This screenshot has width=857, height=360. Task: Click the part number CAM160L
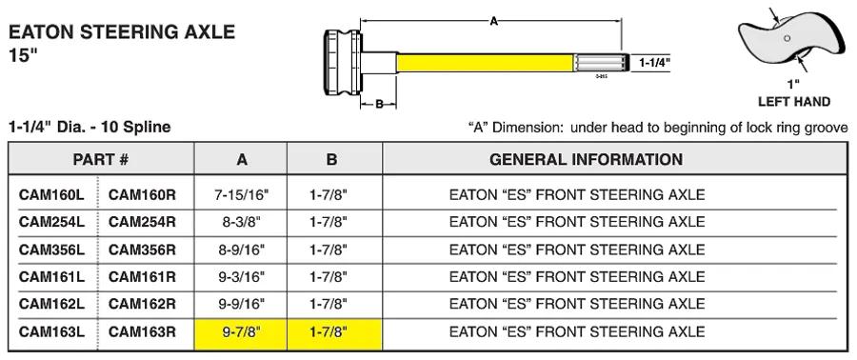tap(52, 194)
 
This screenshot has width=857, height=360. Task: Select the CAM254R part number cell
tap(142, 222)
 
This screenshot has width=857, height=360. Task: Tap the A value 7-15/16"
tap(241, 194)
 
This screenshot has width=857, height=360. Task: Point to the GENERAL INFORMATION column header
tap(586, 159)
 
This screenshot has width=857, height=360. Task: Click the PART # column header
tap(101, 159)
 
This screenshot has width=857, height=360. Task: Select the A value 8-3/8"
tap(241, 222)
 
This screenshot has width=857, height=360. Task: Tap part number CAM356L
tap(52, 250)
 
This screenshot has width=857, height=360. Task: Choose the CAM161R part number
tap(142, 276)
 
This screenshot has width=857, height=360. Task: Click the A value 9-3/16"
tap(241, 276)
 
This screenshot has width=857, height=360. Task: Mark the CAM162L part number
tap(52, 303)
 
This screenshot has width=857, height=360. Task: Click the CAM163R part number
tap(142, 331)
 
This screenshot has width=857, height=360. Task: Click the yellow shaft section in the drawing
tap(486, 62)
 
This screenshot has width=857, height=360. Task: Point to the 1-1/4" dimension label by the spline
tap(654, 63)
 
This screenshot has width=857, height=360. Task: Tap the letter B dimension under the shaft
tap(379, 104)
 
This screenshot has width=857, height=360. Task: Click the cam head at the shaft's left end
tap(343, 63)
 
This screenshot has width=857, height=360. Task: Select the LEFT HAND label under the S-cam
tap(793, 102)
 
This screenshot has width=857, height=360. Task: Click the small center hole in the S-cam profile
tap(787, 38)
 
